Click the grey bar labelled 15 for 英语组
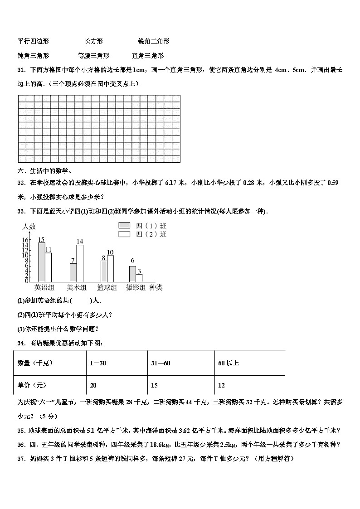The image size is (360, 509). tap(41, 262)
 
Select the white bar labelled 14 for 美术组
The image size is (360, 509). tap(80, 263)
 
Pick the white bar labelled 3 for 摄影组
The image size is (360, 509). tap(139, 277)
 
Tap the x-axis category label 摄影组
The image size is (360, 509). tap(136, 287)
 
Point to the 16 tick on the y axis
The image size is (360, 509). tap(26, 240)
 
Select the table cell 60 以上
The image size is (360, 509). tap(229, 363)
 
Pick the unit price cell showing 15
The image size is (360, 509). tap(155, 385)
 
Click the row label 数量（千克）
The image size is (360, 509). tap(35, 363)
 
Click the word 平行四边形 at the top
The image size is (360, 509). tap(33, 41)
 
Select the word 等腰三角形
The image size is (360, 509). tap(93, 56)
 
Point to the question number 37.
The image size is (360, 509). tap(20, 459)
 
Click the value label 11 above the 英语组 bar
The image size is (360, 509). tap(49, 250)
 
